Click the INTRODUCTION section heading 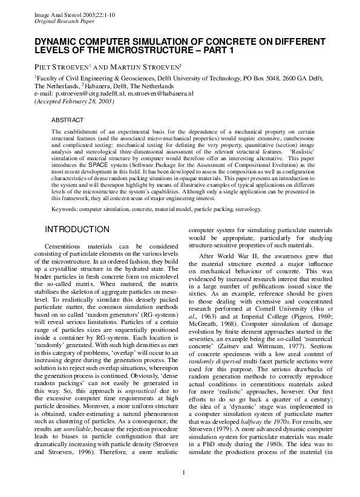click(x=78, y=229)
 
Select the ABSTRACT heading click(x=68, y=121)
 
